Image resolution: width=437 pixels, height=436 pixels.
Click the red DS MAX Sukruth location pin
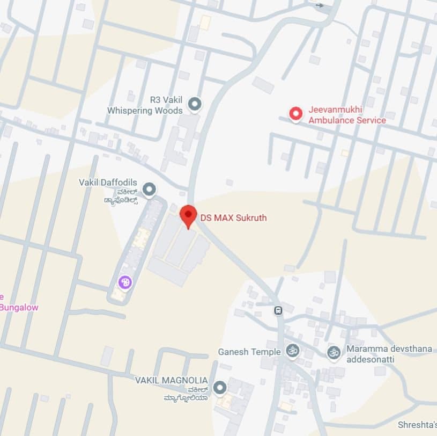188,216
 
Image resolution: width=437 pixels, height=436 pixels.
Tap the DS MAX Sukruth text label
233,218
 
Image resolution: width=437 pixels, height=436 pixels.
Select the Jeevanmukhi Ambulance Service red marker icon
295,114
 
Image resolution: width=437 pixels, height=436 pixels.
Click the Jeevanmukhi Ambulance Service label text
346,115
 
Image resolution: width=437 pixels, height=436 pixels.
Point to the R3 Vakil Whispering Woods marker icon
195,104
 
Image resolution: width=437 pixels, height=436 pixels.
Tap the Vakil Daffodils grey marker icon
150,189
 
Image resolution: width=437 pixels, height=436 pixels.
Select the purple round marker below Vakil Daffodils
124,281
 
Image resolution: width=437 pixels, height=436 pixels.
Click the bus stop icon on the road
278,310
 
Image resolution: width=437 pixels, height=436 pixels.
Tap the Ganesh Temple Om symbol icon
292,351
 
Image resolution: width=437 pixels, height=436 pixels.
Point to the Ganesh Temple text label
249,352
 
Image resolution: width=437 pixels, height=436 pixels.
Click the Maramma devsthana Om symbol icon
334,353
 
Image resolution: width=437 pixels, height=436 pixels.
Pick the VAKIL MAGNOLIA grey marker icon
219,387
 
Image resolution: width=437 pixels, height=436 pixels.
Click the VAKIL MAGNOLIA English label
171,380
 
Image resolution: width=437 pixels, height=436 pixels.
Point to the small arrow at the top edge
320,5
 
